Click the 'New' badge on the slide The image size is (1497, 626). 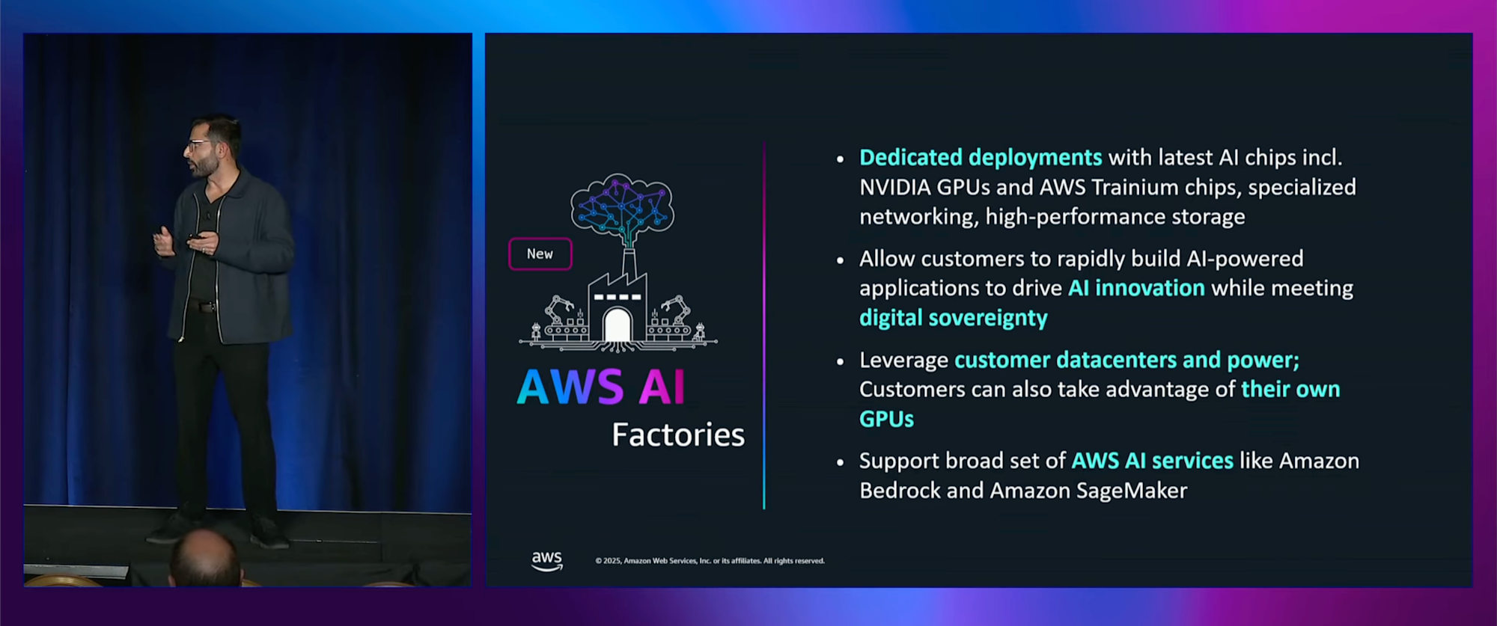point(540,254)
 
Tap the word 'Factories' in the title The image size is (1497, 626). point(678,435)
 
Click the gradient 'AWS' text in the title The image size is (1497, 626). point(570,387)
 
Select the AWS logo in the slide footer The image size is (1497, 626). point(547,560)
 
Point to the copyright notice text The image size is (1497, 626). point(710,561)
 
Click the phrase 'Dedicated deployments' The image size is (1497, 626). point(981,158)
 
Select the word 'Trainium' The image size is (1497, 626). point(1135,187)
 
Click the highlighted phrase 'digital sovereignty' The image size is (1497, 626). point(953,318)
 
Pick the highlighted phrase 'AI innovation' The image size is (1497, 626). point(1136,288)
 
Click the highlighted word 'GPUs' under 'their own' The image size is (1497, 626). point(886,419)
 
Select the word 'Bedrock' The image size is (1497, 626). point(899,491)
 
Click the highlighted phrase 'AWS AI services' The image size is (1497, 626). point(1152,461)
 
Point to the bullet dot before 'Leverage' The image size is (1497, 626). point(840,362)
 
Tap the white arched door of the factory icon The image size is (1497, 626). point(617,325)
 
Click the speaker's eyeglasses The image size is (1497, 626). point(198,144)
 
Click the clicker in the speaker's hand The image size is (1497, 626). point(195,237)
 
